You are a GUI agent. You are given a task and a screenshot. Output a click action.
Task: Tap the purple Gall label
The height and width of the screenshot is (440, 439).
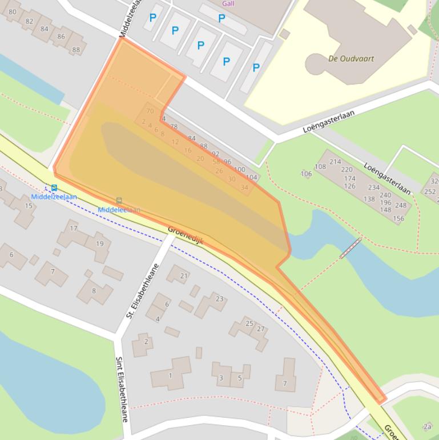pyautogui.click(x=228, y=3)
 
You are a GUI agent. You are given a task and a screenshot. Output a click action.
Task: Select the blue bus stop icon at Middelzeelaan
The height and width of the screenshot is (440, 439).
pyautogui.click(x=54, y=187)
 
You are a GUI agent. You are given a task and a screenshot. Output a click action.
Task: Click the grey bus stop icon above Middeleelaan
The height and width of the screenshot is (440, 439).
pyautogui.click(x=119, y=201)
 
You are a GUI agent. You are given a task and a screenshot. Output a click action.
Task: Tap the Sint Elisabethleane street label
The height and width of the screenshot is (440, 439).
pyautogui.click(x=122, y=389)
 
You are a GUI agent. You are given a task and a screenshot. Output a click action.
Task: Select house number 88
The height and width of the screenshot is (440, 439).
pyautogui.click(x=76, y=50)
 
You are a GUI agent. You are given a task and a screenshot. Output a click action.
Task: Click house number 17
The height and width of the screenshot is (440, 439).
pyautogui.click(x=74, y=229)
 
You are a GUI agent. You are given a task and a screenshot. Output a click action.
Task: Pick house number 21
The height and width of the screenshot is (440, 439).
pyautogui.click(x=184, y=276)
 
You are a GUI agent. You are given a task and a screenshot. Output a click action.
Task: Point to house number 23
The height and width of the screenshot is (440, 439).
pyautogui.click(x=219, y=299)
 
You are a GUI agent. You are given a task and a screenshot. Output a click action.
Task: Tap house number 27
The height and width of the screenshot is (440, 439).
pyautogui.click(x=261, y=329)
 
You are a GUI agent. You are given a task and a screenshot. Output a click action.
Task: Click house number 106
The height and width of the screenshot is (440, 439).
pyautogui.click(x=307, y=174)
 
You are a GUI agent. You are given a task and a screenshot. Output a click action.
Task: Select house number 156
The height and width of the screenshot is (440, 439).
pyautogui.click(x=398, y=218)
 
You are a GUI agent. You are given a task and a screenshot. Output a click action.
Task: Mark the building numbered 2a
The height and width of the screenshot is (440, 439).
pyautogui.click(x=427, y=426)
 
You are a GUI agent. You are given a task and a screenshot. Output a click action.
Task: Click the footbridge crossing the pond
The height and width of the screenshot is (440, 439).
pyautogui.click(x=350, y=249)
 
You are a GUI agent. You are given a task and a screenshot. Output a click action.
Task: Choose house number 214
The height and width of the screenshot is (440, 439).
pyautogui.click(x=335, y=162)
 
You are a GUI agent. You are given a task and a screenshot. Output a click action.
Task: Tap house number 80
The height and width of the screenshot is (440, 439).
pyautogui.click(x=13, y=11)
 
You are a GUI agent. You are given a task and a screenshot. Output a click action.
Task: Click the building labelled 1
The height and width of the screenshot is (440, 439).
pyautogui.click(x=170, y=375)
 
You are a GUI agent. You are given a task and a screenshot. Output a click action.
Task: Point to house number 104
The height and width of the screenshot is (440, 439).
pyautogui.click(x=251, y=178)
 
